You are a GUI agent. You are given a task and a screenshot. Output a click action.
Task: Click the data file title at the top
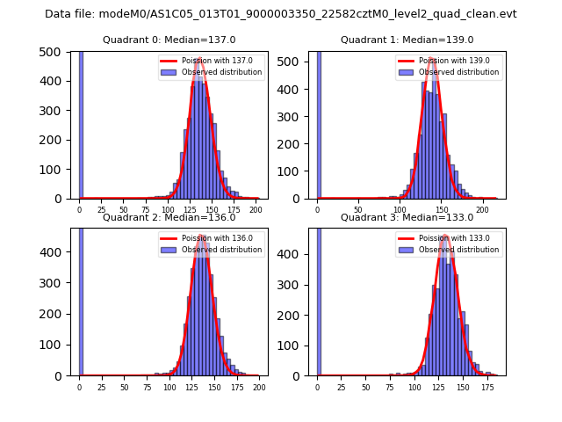[280, 14]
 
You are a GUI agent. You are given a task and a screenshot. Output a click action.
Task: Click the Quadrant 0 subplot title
[169, 40]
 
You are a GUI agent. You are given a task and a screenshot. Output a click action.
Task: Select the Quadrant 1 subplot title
[407, 40]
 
